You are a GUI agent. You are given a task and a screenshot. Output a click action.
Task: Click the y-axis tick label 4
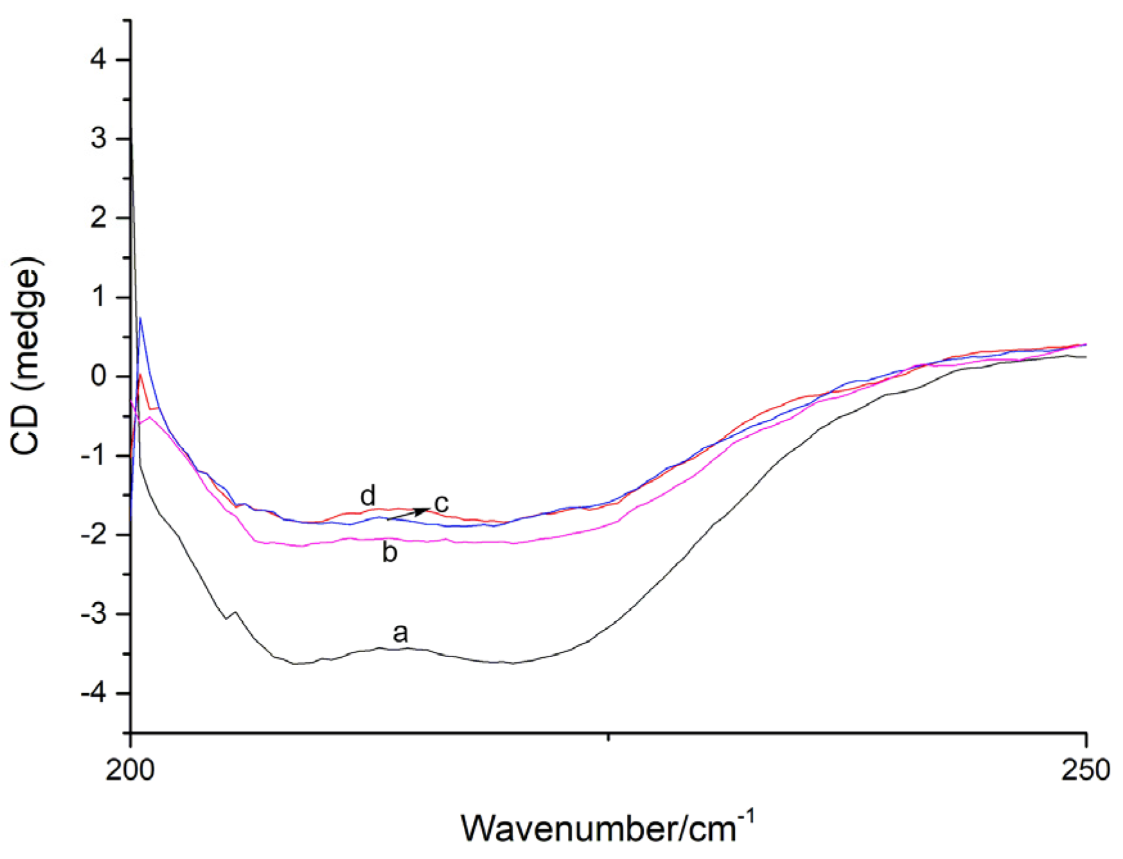99,60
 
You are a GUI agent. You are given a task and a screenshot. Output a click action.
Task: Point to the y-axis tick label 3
99,139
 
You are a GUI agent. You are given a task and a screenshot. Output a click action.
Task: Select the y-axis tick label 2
99,219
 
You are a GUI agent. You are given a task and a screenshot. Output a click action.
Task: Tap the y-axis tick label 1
99,298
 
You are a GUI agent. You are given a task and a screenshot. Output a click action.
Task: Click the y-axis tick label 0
99,377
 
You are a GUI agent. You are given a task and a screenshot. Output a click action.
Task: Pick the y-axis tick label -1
93,456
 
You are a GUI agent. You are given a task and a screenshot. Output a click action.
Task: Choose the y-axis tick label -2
93,535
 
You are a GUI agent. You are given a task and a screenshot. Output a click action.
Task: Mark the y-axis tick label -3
93,614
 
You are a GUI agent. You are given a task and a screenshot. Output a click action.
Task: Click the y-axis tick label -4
93,693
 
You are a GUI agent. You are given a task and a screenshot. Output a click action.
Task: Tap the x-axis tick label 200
130,770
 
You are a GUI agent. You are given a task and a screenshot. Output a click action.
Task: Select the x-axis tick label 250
1086,770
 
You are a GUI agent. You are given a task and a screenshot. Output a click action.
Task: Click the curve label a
400,633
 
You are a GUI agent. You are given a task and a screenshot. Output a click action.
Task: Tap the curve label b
389,552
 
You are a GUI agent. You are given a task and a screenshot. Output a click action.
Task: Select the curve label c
441,503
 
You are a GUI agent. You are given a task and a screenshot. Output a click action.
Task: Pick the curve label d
367,496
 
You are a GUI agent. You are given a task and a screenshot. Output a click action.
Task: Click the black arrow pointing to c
409,514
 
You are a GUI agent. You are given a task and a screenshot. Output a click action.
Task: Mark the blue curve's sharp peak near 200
140,318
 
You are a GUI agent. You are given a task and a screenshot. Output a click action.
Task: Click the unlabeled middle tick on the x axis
608,735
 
